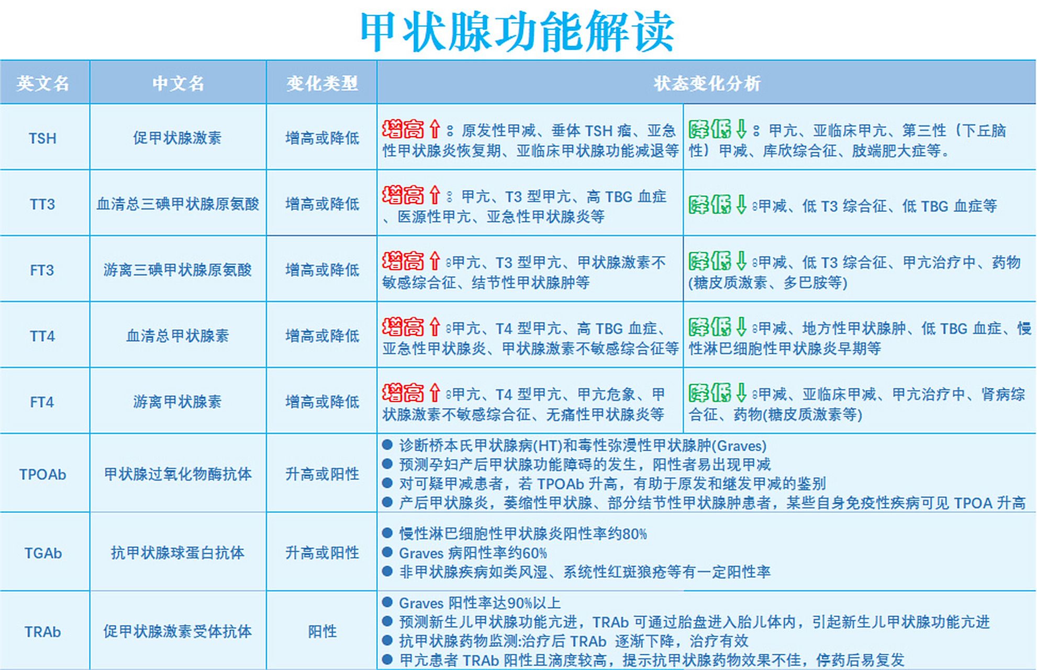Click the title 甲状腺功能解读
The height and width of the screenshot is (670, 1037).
pos(517,31)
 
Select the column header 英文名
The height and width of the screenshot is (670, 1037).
pos(43,83)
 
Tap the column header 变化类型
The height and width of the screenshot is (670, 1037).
pos(322,83)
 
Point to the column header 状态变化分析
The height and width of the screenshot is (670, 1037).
pos(707,83)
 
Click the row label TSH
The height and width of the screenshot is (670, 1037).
pos(42,138)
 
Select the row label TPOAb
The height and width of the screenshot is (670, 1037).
pos(43,474)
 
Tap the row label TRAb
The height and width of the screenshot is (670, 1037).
pos(43,632)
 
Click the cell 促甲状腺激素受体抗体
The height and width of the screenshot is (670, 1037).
pos(177,632)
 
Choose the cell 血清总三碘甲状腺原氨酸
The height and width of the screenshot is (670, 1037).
pos(177,204)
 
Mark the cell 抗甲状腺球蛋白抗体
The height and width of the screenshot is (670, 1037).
pos(177,553)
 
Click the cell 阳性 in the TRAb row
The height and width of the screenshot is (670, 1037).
pos(322,632)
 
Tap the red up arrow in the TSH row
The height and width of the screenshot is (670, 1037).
pos(434,129)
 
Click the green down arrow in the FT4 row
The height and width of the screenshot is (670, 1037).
pos(741,393)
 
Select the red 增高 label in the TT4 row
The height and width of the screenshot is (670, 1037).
pos(403,327)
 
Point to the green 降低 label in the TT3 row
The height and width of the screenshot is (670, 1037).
pos(709,205)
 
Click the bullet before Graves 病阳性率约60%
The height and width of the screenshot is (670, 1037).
pos(387,552)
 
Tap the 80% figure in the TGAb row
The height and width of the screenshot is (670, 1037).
pos(634,534)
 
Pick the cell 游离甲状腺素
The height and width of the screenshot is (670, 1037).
pos(177,402)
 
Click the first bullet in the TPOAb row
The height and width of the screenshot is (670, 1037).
pos(387,445)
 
